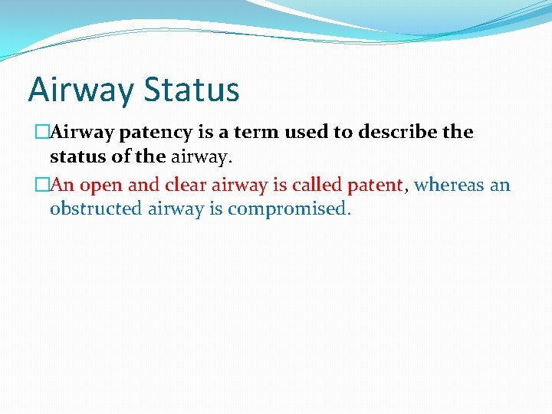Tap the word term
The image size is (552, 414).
coord(256,132)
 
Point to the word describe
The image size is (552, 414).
coord(396,132)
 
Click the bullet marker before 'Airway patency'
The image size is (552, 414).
coord(43,133)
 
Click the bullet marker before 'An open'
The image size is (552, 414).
coord(43,186)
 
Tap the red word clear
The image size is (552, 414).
coord(183,185)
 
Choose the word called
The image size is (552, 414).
coord(317,185)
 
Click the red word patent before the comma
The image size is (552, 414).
coord(374,186)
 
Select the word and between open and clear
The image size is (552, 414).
coord(143,185)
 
